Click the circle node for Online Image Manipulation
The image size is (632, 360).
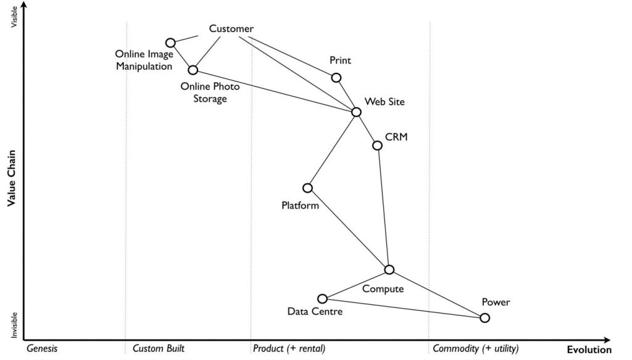pos(170,43)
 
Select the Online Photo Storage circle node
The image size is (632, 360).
pos(193,70)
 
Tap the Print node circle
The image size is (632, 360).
pos(336,78)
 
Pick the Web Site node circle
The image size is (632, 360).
pos(356,112)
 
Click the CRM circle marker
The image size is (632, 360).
pos(377,146)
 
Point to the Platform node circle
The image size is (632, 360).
pos(307,188)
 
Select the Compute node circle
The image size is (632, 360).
pos(389,270)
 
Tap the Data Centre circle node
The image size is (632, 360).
pos(322,299)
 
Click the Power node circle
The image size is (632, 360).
pos(485,318)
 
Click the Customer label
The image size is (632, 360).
pos(231,28)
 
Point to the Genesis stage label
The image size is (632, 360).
pos(42,349)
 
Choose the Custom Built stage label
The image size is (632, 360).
pos(159,349)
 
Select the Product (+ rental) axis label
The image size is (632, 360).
pos(289,349)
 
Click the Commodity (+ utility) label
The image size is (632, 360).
pos(476,349)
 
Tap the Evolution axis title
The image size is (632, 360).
pos(589,350)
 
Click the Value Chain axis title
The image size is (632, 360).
pos(11,178)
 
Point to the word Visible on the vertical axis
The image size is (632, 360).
pos(14,17)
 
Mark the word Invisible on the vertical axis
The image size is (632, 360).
pos(14,325)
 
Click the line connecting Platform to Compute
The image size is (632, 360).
pos(348,229)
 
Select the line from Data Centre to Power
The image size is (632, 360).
pos(404,308)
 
